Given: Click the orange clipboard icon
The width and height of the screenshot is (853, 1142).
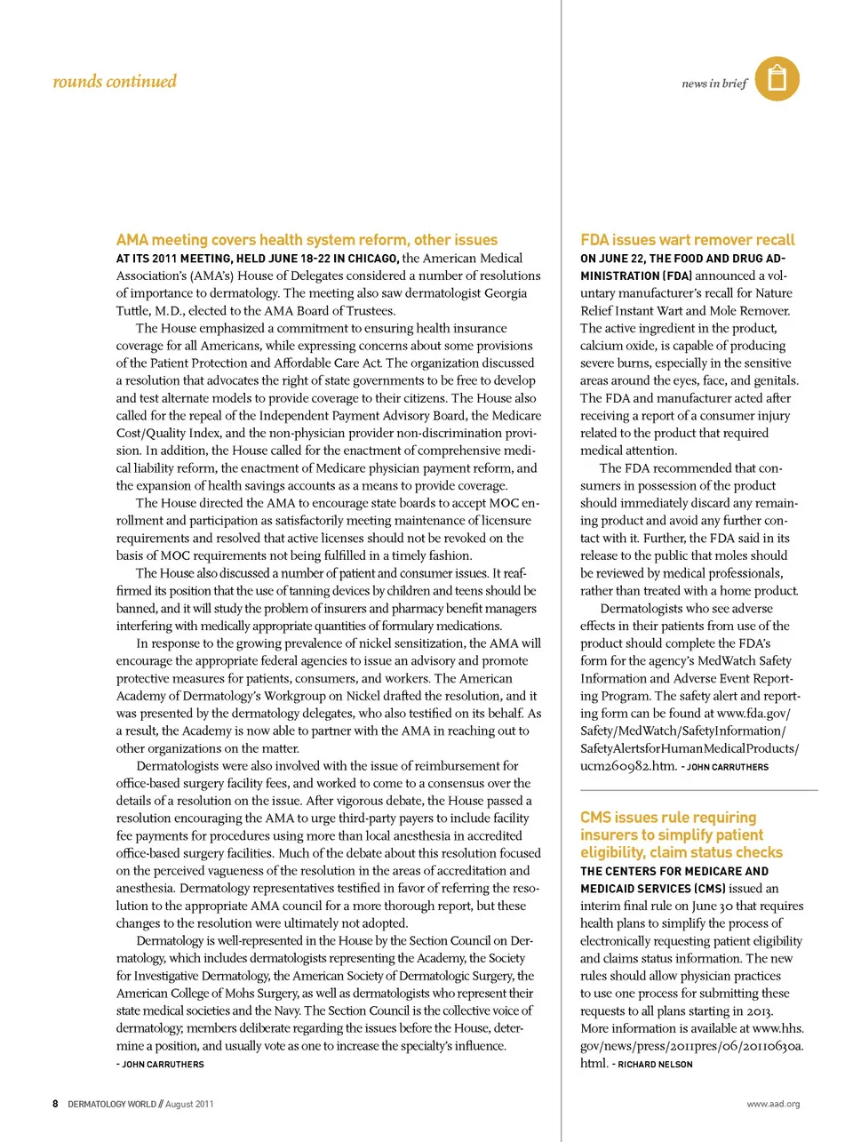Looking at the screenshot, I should [777, 78].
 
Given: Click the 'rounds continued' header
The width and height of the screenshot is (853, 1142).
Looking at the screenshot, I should [115, 82].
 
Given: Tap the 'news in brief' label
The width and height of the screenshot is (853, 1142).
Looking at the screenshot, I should [714, 84].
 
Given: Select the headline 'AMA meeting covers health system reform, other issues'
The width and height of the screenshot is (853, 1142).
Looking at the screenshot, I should [307, 240].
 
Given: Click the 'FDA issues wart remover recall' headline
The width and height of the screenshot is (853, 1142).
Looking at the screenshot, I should [687, 240].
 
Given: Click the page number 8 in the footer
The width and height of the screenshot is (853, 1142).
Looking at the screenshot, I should [55, 1104].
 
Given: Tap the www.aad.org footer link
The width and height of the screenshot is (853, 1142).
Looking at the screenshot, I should [773, 1104].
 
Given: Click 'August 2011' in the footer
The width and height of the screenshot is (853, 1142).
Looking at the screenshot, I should [189, 1104].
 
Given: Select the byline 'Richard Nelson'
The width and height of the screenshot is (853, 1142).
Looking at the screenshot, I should [655, 1064].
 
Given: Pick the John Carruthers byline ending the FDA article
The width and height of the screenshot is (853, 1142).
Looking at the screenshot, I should [728, 767].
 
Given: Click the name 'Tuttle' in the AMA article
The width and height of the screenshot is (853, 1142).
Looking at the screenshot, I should [133, 311].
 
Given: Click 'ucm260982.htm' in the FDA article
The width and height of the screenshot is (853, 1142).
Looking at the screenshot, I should [627, 766].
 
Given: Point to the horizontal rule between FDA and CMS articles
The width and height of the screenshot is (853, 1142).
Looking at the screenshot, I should [698, 790].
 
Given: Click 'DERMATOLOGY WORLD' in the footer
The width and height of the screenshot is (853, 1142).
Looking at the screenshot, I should [112, 1104].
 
